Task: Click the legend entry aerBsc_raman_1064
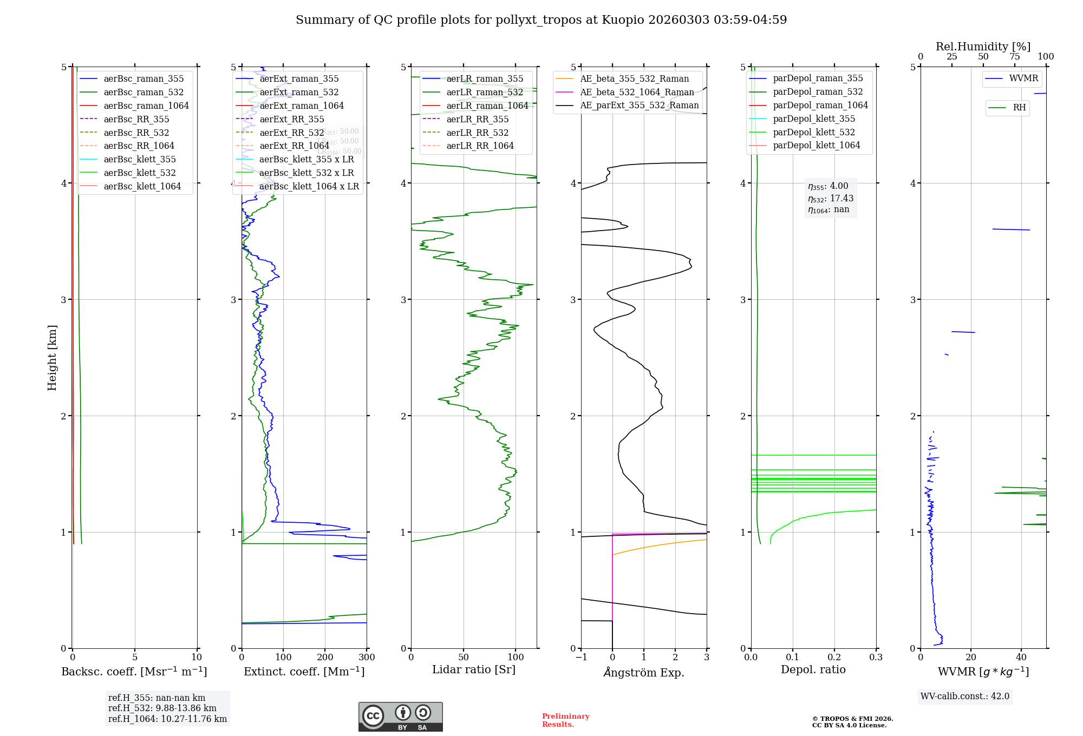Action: pyautogui.click(x=146, y=106)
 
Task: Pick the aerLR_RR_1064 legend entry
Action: pyautogui.click(x=480, y=146)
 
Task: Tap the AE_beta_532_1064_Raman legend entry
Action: pyautogui.click(x=637, y=92)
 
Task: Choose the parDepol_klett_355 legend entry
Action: pyautogui.click(x=814, y=119)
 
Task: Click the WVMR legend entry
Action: pyautogui.click(x=1023, y=78)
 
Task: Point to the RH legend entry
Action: pyautogui.click(x=1019, y=108)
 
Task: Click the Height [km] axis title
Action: pyautogui.click(x=52, y=358)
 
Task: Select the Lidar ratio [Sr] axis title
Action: pyautogui.click(x=474, y=669)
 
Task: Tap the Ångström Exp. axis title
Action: pyautogui.click(x=644, y=672)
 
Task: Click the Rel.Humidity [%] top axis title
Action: pyautogui.click(x=983, y=47)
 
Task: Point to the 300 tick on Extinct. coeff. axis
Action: pyautogui.click(x=367, y=658)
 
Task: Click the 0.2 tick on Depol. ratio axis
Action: pyautogui.click(x=834, y=658)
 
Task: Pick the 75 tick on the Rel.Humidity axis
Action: pyautogui.click(x=1015, y=57)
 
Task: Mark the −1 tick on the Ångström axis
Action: pyautogui.click(x=581, y=658)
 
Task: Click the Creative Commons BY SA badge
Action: pyautogui.click(x=400, y=717)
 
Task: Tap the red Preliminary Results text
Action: pyautogui.click(x=565, y=720)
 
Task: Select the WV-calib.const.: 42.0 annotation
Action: pyautogui.click(x=965, y=696)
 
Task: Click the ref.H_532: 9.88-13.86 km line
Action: pyautogui.click(x=162, y=708)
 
